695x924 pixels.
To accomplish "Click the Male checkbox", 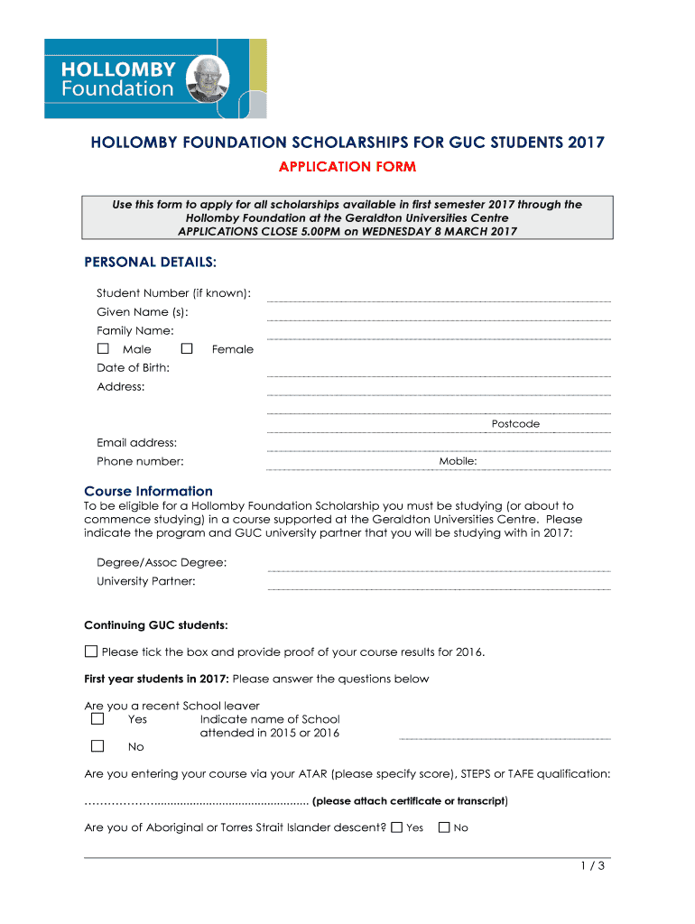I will coord(103,348).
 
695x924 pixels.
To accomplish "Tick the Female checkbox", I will coord(187,348).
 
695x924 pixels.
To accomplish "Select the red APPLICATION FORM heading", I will coord(347,167).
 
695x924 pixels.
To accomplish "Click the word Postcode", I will coord(515,423).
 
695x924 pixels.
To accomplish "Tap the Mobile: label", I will coord(458,461).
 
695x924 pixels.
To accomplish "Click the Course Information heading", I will coord(148,491).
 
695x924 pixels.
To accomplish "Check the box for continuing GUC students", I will coord(91,651).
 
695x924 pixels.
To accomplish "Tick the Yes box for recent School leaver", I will coord(97,719).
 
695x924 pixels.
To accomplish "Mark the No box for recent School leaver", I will coord(97,746).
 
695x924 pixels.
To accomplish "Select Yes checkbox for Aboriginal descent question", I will coord(397,827).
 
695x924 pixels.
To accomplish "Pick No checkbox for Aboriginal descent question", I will coord(443,827).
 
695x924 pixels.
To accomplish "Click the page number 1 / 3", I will coord(592,867).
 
